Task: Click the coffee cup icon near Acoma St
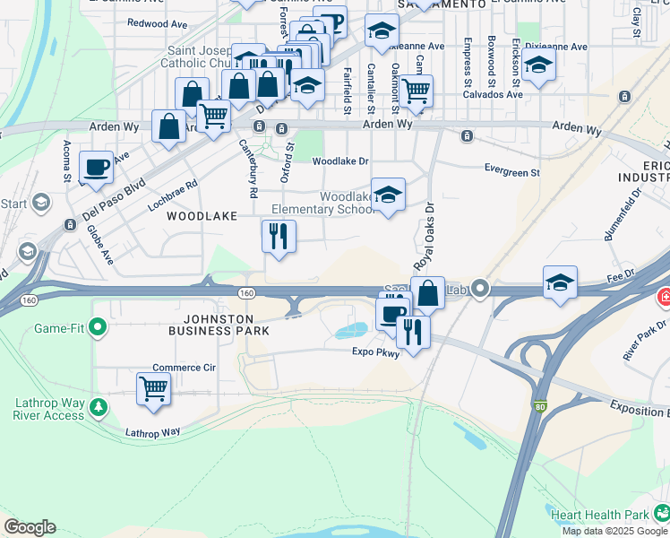(x=96, y=166)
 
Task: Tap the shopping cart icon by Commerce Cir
(x=153, y=389)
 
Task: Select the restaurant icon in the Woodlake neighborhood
(x=279, y=236)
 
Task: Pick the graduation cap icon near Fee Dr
(x=560, y=282)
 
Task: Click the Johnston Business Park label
(x=219, y=325)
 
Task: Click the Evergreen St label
(x=511, y=171)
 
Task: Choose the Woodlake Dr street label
(x=340, y=161)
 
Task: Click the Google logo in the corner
(x=30, y=527)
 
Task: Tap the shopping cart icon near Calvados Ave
(x=416, y=90)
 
